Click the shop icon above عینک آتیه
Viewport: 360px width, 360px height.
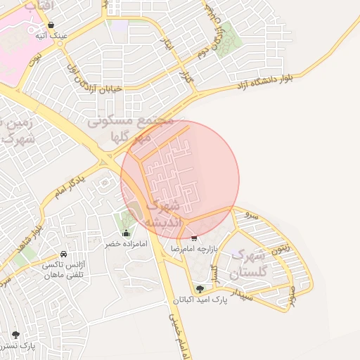51,25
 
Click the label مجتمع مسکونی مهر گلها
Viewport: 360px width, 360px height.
131,129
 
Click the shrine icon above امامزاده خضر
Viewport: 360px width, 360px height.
126,233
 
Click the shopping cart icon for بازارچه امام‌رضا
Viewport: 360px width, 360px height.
194,239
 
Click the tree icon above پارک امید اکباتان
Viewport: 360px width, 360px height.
200,289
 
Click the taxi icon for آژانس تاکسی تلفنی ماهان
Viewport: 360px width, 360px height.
64,254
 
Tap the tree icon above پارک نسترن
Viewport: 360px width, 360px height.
15,335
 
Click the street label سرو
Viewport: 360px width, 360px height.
255,215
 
